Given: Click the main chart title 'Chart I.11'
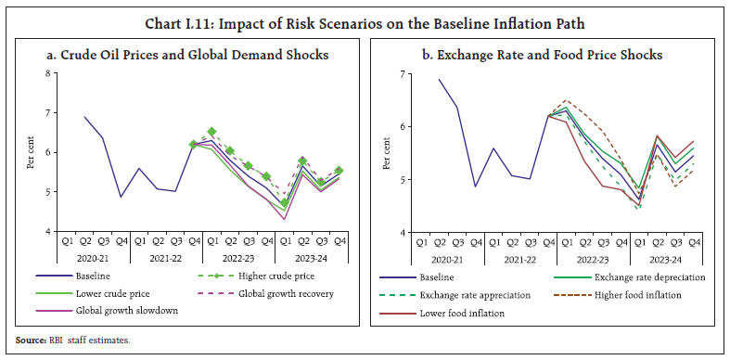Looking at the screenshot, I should click(365, 13).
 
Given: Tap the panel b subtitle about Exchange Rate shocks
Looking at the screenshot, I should click(543, 55).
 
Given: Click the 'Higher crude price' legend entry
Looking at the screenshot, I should click(268, 276).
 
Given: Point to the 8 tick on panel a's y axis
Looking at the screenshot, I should click(46, 73).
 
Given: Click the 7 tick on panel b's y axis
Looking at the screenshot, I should click(401, 73).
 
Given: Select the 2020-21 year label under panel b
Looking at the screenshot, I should click(440, 259).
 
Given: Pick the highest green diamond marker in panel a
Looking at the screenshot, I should click(211, 132).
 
